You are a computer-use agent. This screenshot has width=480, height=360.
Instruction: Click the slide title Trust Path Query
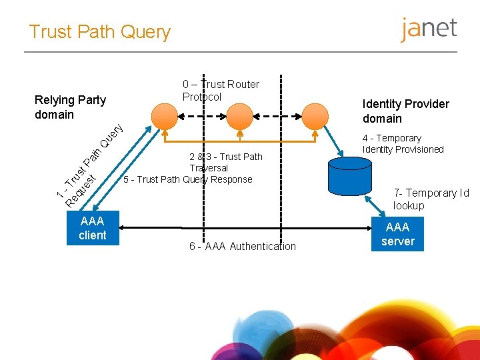click(100, 31)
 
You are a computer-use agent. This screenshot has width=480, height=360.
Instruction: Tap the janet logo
click(429, 29)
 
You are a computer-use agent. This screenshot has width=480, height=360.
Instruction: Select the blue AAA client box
click(92, 228)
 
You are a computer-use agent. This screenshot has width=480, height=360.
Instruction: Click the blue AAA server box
click(398, 235)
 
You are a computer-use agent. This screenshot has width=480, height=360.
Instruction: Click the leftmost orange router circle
click(164, 116)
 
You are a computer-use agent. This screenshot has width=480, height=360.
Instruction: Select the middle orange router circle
click(241, 116)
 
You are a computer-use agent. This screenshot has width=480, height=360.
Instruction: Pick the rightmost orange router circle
click(316, 116)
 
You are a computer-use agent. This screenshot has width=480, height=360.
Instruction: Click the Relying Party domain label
click(70, 107)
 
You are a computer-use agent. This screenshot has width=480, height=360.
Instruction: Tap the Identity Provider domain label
click(405, 111)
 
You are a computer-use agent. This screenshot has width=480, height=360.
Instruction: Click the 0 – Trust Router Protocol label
click(221, 90)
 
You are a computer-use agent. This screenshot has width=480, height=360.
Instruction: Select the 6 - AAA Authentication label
click(242, 247)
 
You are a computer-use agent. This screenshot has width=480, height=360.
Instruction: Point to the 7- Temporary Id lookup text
click(431, 199)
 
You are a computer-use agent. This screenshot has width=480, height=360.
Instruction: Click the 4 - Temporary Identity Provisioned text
click(403, 143)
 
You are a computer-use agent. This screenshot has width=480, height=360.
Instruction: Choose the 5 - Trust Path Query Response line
click(188, 179)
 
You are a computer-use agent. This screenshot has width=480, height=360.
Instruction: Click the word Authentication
click(262, 247)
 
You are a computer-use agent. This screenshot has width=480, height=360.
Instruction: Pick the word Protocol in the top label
click(202, 97)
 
